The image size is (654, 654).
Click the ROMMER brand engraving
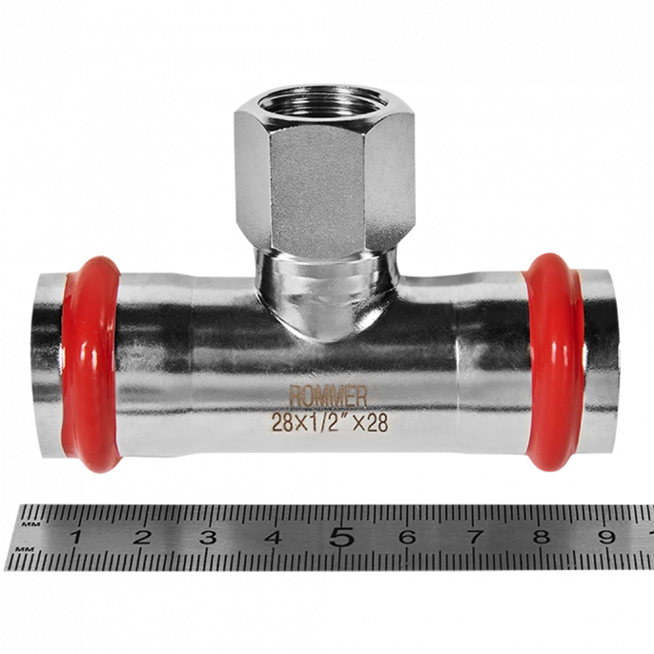point(328,396)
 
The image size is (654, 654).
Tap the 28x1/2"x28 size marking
point(330,422)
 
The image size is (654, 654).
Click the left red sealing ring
point(91,363)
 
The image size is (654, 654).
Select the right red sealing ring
point(555,361)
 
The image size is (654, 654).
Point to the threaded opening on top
point(324,103)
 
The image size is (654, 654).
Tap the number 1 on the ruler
point(76,537)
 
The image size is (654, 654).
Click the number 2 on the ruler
point(142,537)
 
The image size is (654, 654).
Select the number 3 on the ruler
point(208,537)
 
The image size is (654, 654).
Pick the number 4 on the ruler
point(274,537)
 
